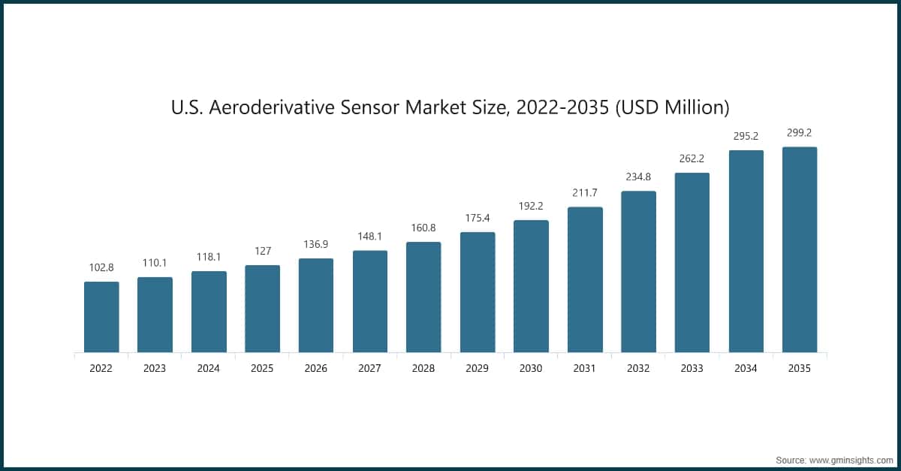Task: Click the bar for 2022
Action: pyautogui.click(x=101, y=316)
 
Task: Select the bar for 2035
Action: pyautogui.click(x=800, y=249)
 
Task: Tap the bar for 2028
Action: pyautogui.click(x=423, y=297)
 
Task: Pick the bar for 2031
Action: pyautogui.click(x=585, y=279)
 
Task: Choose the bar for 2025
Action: pyautogui.click(x=262, y=308)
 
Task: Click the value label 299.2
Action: pyautogui.click(x=800, y=133)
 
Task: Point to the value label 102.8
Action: pyautogui.click(x=101, y=268)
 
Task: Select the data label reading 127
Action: pyautogui.click(x=262, y=252)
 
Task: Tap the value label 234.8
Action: pyautogui.click(x=639, y=177)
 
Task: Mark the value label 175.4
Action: pyautogui.click(x=478, y=219)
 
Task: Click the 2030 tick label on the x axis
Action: pyautogui.click(x=531, y=369)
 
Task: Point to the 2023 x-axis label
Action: pyautogui.click(x=155, y=369)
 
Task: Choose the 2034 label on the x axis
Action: pyautogui.click(x=746, y=369)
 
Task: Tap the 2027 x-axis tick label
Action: pyautogui.click(x=369, y=369)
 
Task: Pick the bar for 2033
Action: pyautogui.click(x=692, y=262)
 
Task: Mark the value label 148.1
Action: pyautogui.click(x=369, y=237)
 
